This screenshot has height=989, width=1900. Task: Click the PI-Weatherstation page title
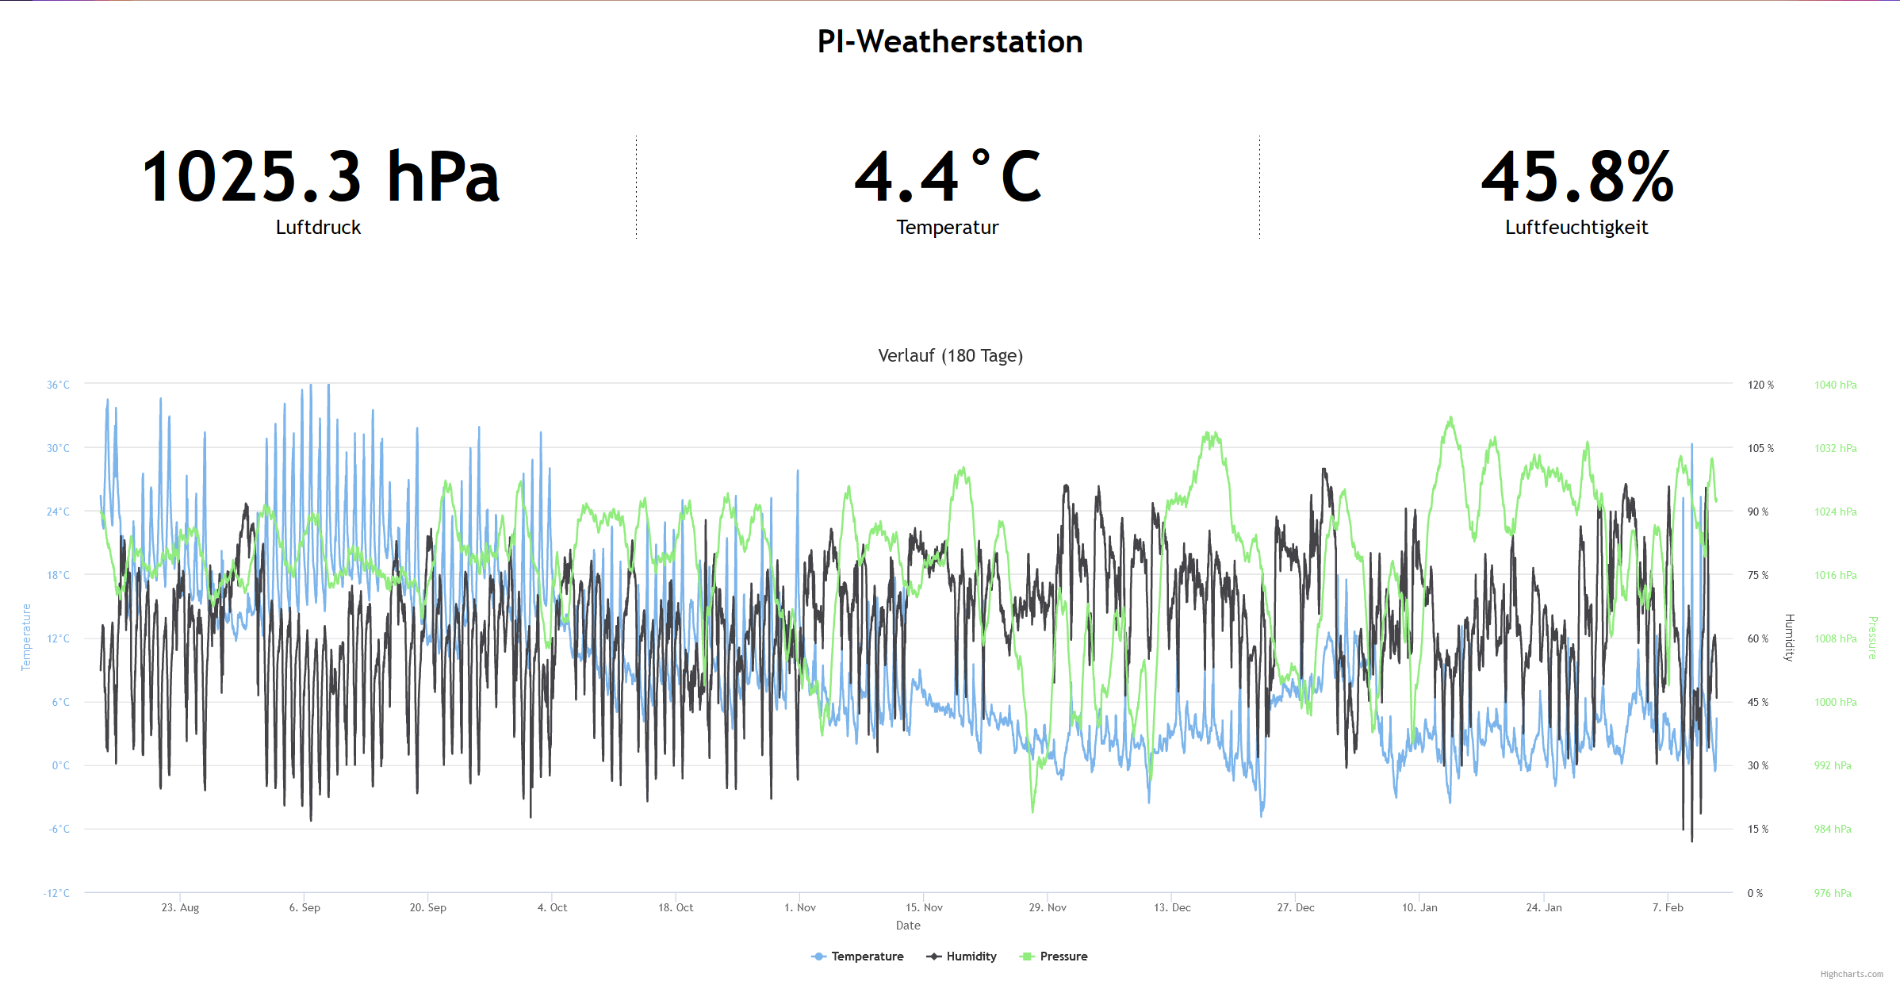(949, 42)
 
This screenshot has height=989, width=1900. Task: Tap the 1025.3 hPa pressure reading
(320, 177)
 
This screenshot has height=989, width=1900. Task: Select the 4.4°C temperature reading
(948, 177)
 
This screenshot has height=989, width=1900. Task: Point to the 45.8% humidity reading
(1577, 177)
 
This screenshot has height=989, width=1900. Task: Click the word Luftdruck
(318, 228)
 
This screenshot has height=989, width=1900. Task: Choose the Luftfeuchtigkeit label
(1576, 228)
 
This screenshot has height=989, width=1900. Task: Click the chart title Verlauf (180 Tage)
(950, 355)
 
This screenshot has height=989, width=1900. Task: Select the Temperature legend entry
(867, 956)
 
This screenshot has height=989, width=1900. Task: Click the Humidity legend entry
(971, 956)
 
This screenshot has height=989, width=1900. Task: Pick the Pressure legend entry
(1063, 956)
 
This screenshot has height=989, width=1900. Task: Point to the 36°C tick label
(58, 385)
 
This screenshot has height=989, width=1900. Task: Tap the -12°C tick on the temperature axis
(56, 893)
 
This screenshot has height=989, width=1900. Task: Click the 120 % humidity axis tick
(1760, 385)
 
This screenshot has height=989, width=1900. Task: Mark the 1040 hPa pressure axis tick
(1835, 385)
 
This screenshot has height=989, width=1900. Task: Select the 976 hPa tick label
(1833, 893)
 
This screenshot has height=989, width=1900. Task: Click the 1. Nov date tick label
(799, 907)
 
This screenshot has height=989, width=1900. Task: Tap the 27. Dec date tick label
(1296, 907)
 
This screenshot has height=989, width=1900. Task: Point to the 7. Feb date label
(1668, 907)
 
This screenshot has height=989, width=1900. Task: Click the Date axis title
(908, 926)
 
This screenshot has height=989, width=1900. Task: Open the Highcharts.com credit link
(1851, 974)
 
